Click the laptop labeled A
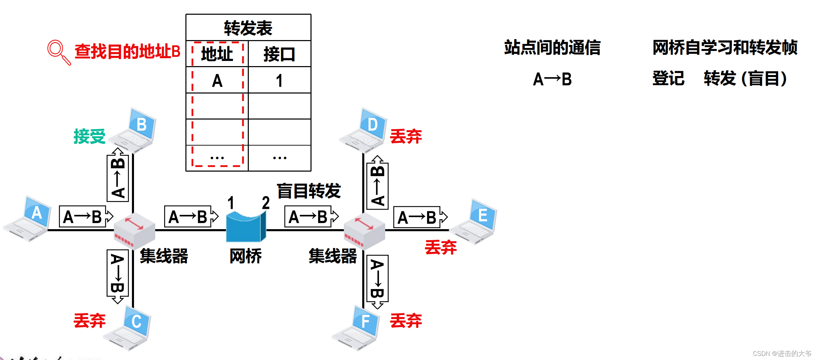(28, 219)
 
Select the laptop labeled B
(134, 130)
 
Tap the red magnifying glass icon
(58, 52)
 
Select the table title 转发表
(248, 28)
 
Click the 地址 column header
(217, 54)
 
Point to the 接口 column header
(279, 54)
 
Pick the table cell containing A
(217, 81)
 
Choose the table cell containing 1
(279, 81)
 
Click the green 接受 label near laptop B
(89, 136)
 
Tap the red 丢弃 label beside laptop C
(89, 321)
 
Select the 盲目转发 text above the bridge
(309, 191)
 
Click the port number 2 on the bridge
(266, 203)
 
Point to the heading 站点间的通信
(552, 48)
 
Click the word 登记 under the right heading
(668, 78)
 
